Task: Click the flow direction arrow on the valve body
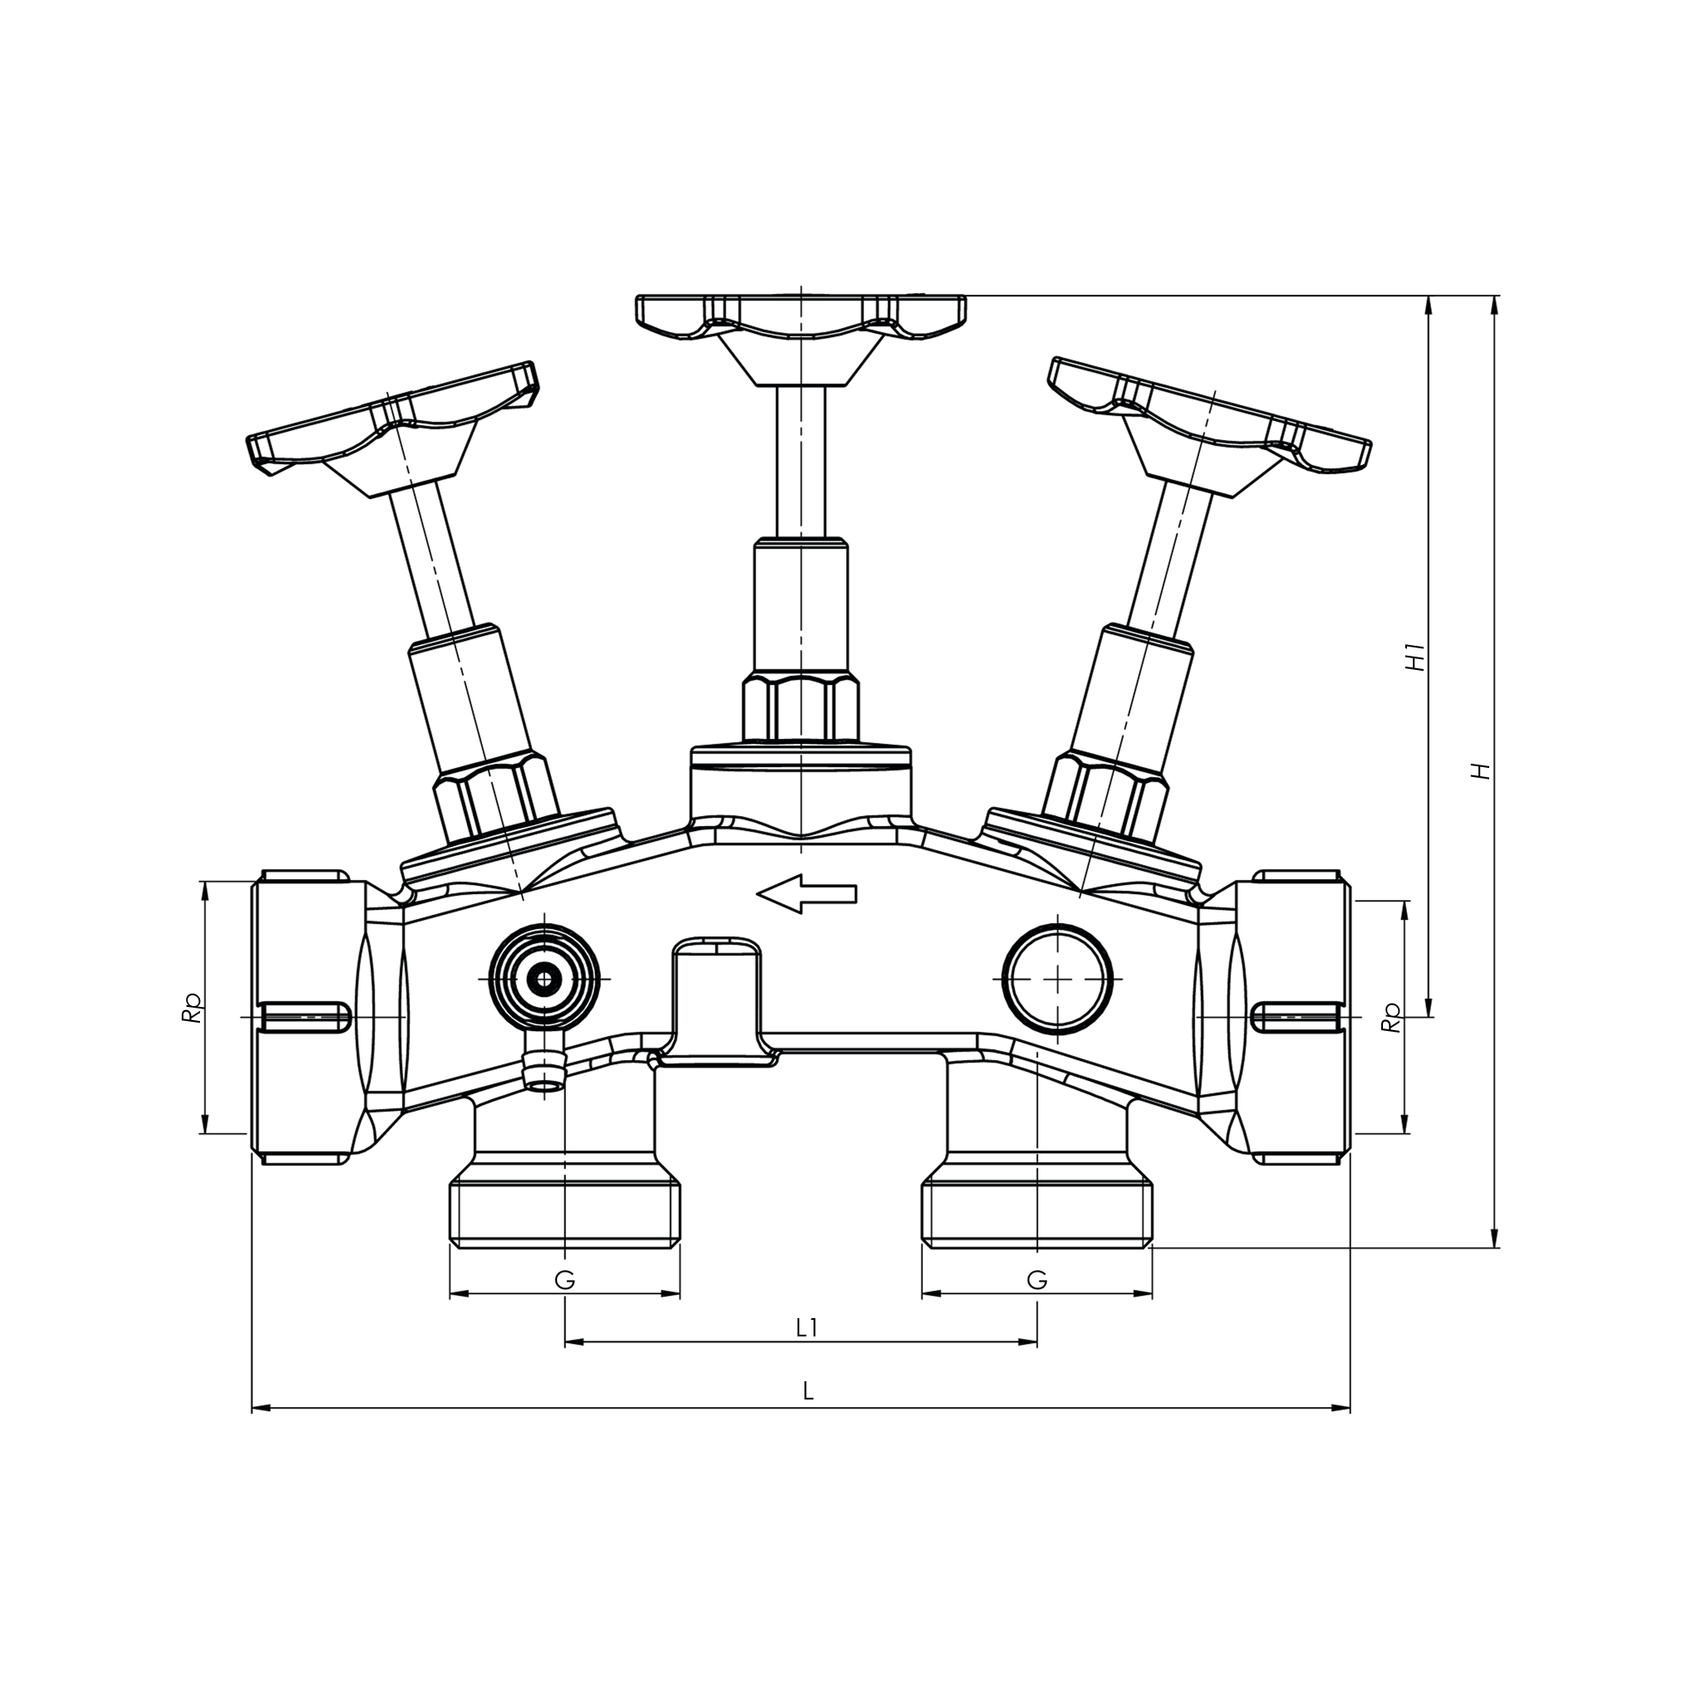(x=806, y=894)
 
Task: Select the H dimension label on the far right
(x=1482, y=770)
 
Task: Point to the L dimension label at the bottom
(x=808, y=1391)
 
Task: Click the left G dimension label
(x=565, y=1279)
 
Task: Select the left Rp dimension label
(x=191, y=1009)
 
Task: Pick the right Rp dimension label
(x=1390, y=1018)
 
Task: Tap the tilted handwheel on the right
(x=1210, y=413)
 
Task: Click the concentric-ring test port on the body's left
(x=546, y=979)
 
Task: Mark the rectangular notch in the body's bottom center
(x=717, y=999)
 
